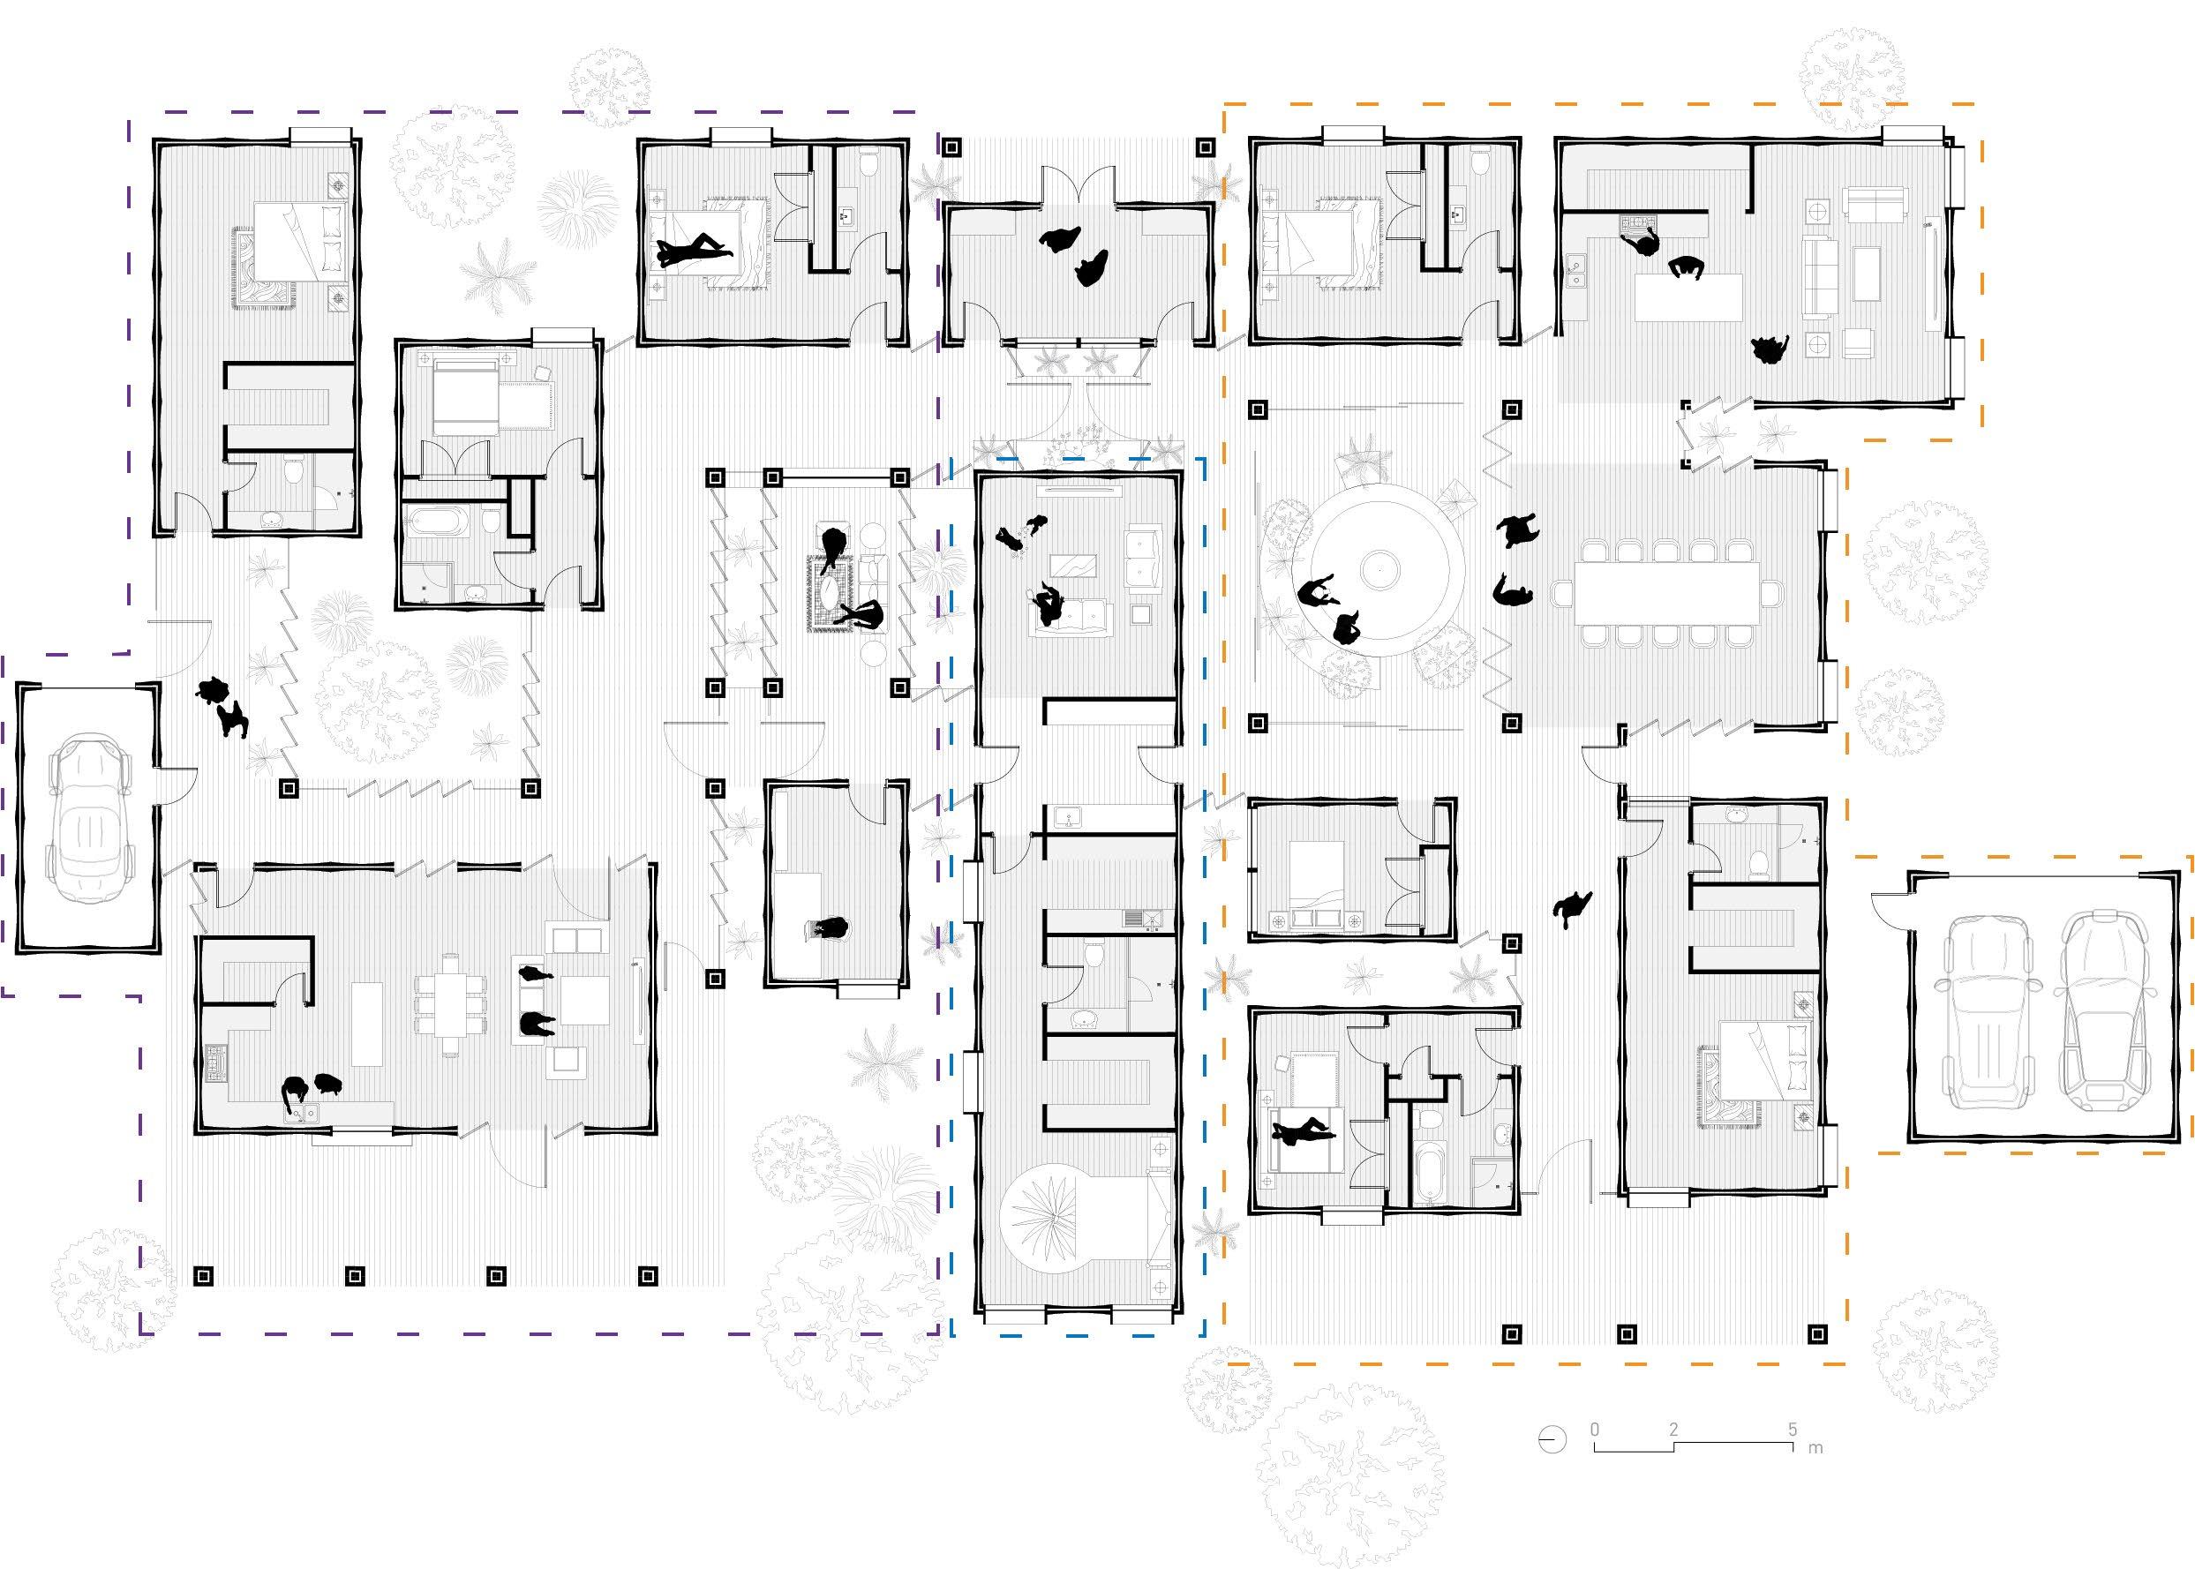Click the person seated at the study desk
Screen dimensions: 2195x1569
828,929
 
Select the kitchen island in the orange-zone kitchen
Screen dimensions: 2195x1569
1688,297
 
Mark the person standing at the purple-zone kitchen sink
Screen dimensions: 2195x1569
294,1092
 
